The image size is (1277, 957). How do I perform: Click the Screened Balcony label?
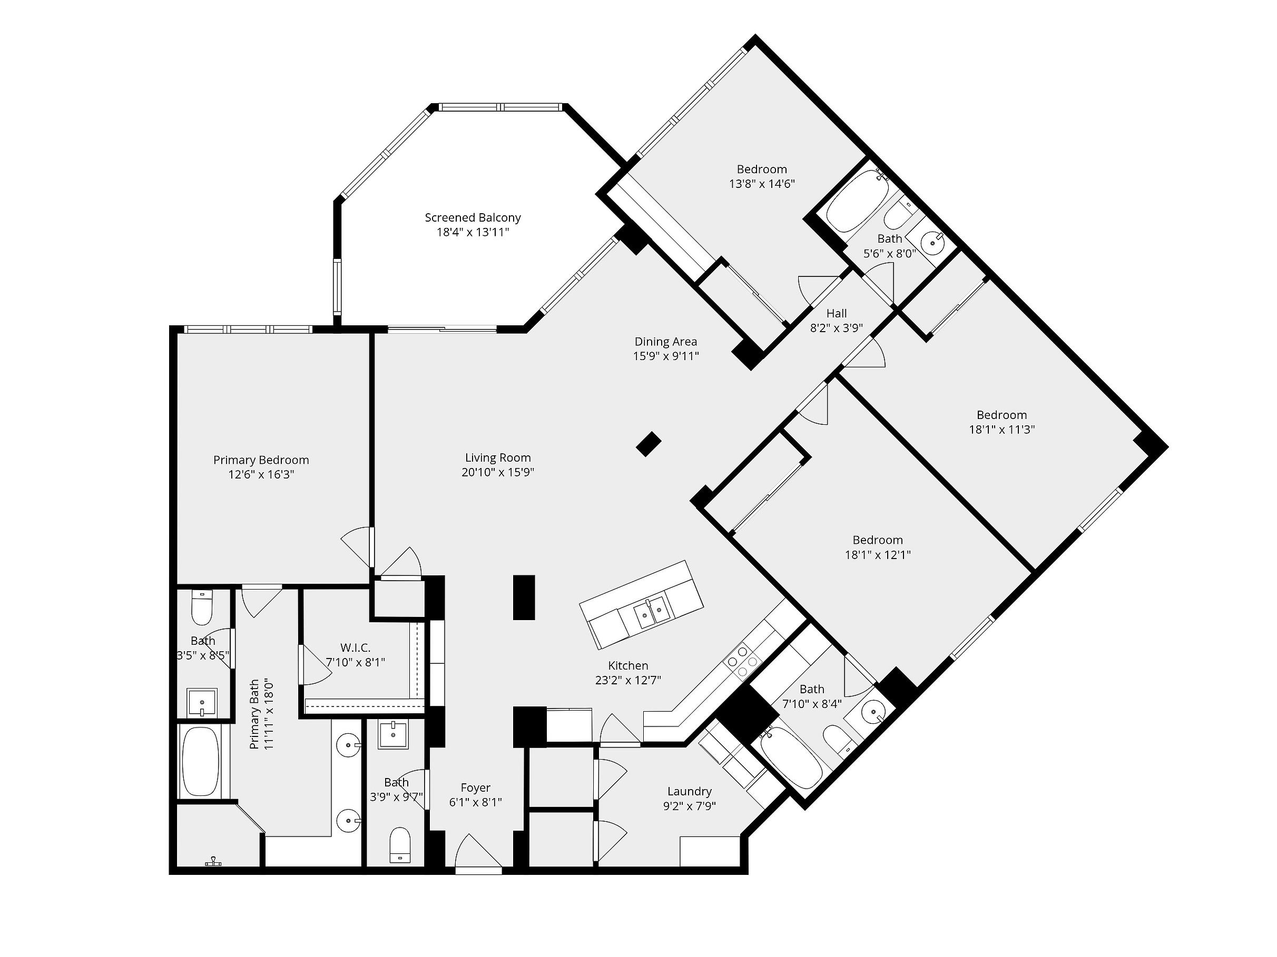(473, 217)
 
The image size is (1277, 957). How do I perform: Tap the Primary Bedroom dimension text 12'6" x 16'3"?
(261, 475)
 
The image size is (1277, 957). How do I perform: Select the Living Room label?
(498, 457)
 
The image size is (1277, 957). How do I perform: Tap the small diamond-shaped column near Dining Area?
(649, 444)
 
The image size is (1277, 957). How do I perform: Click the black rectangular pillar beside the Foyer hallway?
(524, 597)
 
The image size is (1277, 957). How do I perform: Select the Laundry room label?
(689, 791)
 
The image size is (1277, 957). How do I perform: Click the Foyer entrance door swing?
(478, 850)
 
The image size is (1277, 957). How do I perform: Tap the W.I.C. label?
(356, 648)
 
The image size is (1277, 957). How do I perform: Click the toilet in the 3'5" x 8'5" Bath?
(202, 607)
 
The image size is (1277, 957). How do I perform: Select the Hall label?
(837, 313)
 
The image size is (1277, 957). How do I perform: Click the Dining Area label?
(666, 342)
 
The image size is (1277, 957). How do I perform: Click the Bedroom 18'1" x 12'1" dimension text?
(878, 555)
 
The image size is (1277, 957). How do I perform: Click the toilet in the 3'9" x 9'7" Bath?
(399, 845)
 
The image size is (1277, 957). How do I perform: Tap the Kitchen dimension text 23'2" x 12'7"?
(628, 680)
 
